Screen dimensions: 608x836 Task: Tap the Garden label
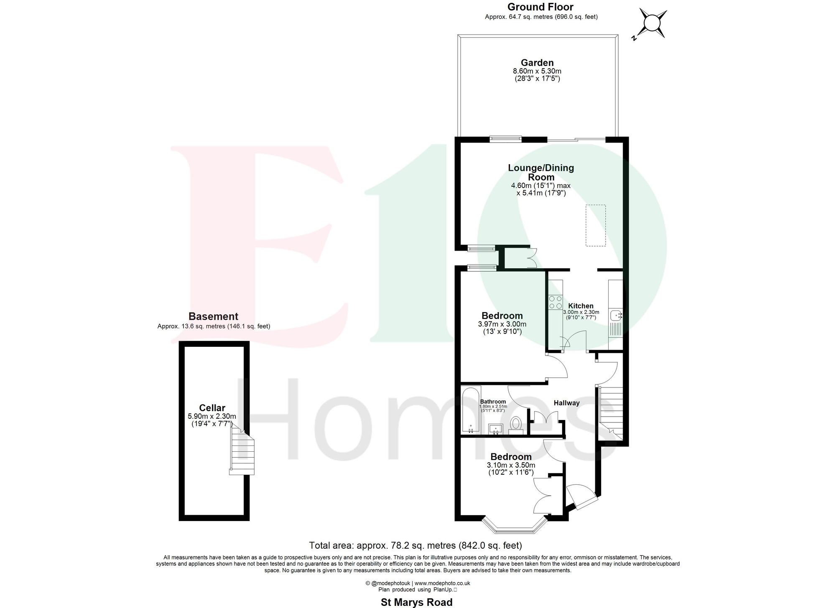(537, 63)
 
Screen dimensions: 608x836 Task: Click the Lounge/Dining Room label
(541, 172)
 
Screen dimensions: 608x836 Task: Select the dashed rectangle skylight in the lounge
(595, 225)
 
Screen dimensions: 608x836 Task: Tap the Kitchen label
(581, 306)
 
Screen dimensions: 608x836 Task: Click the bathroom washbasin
(496, 428)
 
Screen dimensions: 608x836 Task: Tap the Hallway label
(566, 403)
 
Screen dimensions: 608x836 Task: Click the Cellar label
(212, 408)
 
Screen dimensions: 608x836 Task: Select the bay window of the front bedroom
(514, 527)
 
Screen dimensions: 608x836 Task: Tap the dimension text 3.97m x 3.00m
(502, 324)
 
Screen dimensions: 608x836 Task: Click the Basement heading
(213, 316)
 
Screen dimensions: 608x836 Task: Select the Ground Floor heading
(540, 7)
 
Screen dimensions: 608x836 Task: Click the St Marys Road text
(416, 602)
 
